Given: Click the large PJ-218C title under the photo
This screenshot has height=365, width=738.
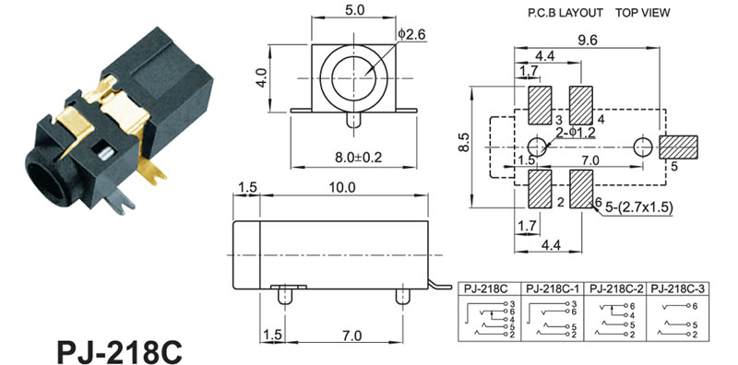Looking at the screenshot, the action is tap(119, 352).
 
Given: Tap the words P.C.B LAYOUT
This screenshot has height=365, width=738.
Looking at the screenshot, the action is tap(565, 13).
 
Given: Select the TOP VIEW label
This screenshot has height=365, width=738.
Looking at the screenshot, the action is tap(642, 13).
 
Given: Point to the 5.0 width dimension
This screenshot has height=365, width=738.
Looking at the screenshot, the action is tap(354, 10).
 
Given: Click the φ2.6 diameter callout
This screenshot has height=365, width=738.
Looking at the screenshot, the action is tap(411, 34).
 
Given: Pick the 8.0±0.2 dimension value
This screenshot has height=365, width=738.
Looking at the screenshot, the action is tap(358, 157).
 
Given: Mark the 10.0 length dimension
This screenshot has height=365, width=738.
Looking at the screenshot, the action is tap(342, 187).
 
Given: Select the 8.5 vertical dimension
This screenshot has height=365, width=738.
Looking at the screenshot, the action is tap(464, 143).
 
